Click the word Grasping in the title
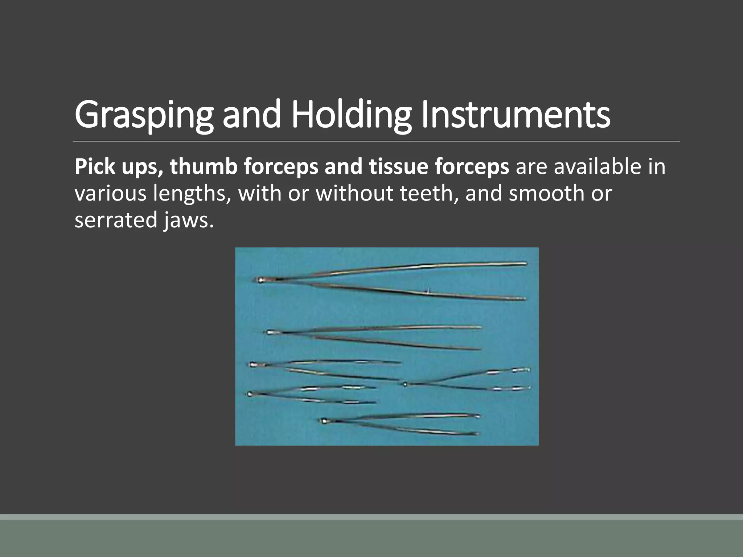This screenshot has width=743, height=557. pos(144,115)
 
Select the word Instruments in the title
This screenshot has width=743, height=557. pos(516,115)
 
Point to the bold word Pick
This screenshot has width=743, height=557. pos(95,167)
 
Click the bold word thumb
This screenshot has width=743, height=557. pos(203,167)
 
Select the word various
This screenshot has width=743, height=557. pos(110,193)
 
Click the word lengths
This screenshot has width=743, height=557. pos(192,194)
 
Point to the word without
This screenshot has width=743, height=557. pos(354,193)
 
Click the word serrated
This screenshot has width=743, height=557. pos(116,220)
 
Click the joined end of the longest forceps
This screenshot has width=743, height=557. pos(260,280)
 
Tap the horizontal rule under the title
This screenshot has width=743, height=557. pos(376,141)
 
